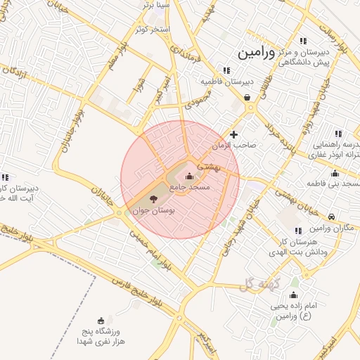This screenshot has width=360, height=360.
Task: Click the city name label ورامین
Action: click(x=258, y=53)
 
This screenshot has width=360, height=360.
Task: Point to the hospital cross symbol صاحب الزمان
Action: click(x=234, y=134)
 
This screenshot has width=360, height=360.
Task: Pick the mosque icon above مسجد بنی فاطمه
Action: click(x=335, y=173)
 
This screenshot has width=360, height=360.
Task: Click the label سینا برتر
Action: click(x=156, y=5)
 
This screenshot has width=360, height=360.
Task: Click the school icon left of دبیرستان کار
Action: click(x=5, y=177)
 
